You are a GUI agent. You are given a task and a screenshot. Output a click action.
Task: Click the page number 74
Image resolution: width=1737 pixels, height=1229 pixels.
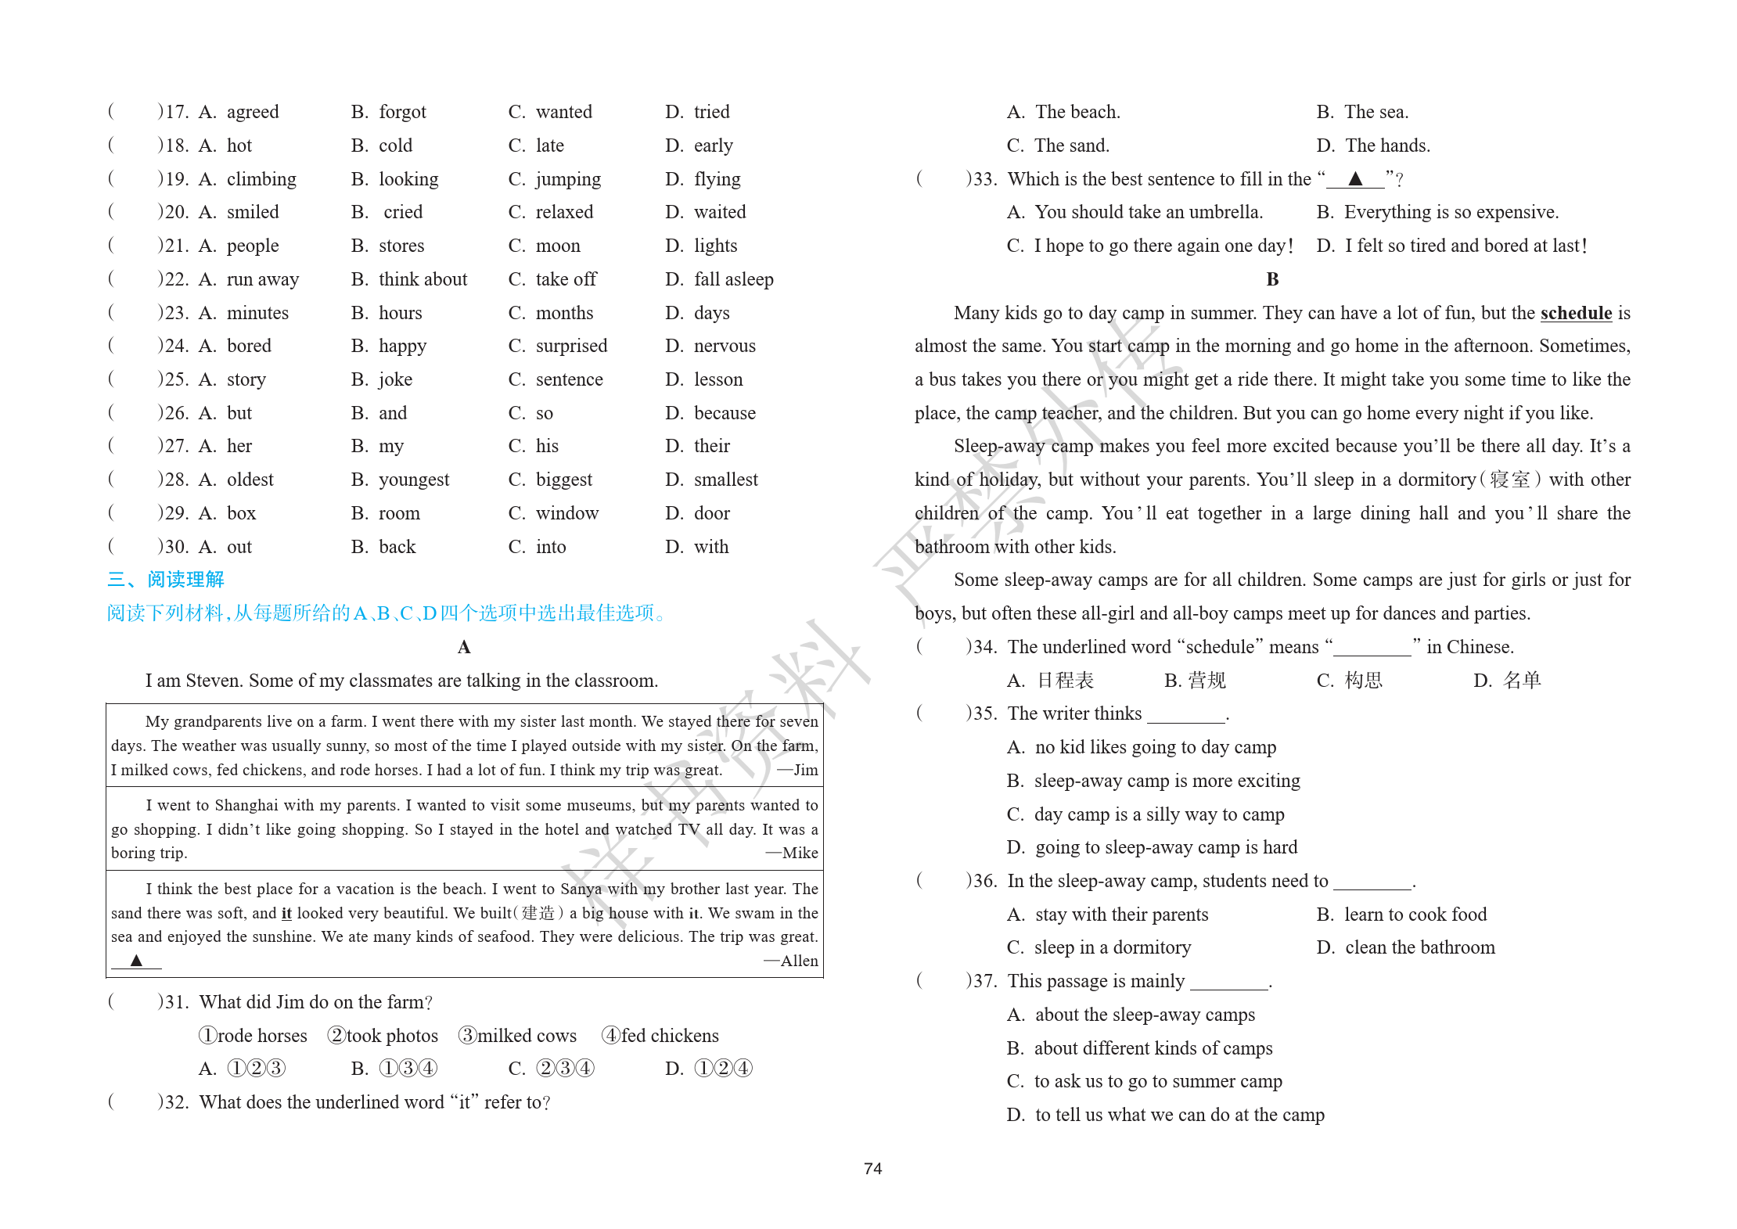coord(872,1168)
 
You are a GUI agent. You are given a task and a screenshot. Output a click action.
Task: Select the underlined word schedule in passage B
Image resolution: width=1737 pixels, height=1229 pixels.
coord(1575,313)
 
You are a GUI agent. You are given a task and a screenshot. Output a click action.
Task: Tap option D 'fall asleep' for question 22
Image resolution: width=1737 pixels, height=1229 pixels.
coord(733,279)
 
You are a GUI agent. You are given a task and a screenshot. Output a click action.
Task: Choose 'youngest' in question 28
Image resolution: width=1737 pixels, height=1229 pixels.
coord(413,480)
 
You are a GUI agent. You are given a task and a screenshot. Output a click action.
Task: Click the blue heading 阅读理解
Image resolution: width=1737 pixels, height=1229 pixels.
coord(185,579)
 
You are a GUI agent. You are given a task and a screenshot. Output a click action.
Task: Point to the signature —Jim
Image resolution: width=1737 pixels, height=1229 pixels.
coord(798,770)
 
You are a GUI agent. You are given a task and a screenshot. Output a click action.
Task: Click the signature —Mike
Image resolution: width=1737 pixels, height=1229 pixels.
coord(792,853)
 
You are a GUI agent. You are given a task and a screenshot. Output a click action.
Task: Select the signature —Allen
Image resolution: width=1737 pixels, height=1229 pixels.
coord(791,961)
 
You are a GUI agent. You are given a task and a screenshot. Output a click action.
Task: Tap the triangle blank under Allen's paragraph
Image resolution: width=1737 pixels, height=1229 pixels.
coord(136,961)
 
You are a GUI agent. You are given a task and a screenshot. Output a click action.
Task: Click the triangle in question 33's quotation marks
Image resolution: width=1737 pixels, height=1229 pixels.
coord(1355,179)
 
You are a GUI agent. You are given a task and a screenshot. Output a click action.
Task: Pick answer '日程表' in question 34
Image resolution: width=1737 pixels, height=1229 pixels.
coord(1065,681)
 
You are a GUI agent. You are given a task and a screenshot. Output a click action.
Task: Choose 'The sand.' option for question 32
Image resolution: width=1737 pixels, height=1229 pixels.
coord(1071,146)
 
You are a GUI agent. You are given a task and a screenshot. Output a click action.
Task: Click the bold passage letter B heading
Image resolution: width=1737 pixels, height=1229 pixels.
coord(1272,279)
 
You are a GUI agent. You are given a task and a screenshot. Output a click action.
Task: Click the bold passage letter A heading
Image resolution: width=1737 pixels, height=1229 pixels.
coord(464,647)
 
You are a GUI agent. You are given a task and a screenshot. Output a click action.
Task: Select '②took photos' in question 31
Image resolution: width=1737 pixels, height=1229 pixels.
coord(383,1036)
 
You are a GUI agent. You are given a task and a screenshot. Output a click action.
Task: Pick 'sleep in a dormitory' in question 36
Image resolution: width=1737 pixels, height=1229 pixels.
coord(1112,947)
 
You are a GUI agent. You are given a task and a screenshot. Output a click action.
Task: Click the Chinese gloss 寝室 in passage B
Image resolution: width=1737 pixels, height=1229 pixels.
coord(1509,480)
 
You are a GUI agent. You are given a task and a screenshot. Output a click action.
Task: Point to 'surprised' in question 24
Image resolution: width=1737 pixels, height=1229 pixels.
coord(571,346)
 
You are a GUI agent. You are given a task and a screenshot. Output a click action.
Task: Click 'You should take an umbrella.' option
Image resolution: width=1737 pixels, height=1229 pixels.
coord(1148,212)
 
